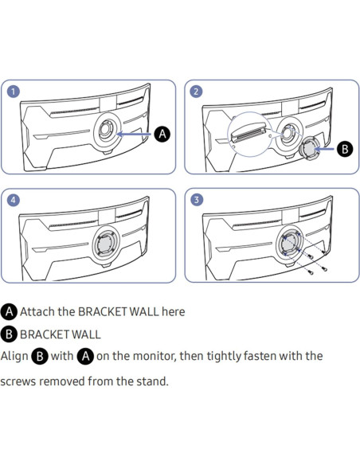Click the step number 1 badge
pos(13,92)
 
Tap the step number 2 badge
pos(196,92)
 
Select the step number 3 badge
pos(196,200)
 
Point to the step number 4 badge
pos(13,200)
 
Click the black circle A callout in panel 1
pos(162,134)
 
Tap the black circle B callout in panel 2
pos(345,149)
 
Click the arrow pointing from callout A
pos(134,134)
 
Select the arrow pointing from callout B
pos(324,149)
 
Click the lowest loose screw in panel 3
pos(310,272)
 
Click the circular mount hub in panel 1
pos(107,131)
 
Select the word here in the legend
pos(174,311)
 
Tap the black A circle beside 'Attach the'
pos(9,311)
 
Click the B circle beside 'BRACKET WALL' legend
pos(9,334)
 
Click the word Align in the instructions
pos(14,356)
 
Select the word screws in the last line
pos(18,381)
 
